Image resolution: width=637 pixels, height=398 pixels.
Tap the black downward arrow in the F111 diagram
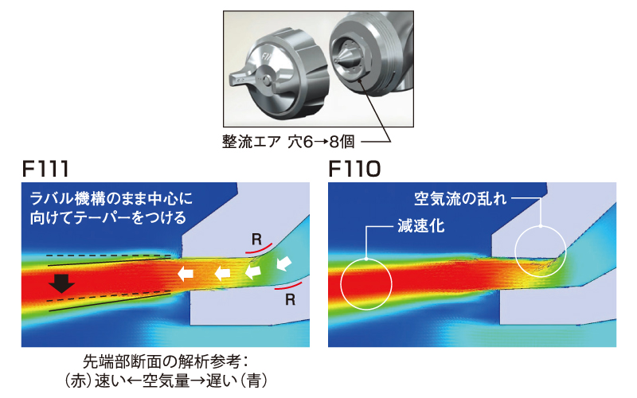(61, 283)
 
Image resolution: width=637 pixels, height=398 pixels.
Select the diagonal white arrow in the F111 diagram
(284, 262)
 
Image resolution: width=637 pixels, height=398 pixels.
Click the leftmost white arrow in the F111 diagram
(185, 274)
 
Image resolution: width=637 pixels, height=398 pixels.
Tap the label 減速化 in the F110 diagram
(420, 226)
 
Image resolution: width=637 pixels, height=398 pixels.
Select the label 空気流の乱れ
(460, 197)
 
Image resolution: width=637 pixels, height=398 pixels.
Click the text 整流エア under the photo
(252, 142)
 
